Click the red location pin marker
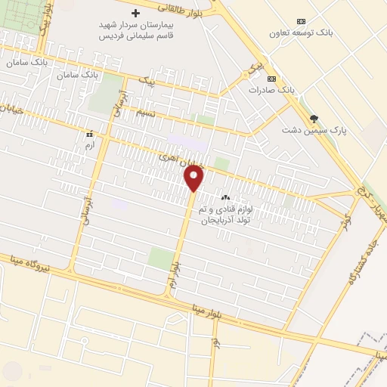pos(194,178)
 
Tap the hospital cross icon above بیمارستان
pos(136,13)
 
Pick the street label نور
pos(215,345)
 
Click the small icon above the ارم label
pos(90,132)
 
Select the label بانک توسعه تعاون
pos(302,33)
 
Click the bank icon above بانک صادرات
pos(272,79)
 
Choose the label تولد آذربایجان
pos(227,219)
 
